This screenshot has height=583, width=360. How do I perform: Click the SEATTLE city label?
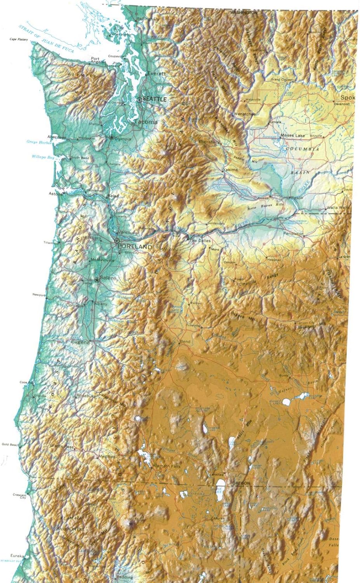154,99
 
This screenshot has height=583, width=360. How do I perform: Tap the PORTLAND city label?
134,247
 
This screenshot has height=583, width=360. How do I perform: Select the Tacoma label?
146,122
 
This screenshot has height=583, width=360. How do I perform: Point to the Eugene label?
80,342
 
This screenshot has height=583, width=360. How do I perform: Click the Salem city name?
108,278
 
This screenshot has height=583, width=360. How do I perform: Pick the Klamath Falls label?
167,466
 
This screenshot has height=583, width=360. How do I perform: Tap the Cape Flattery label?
19,40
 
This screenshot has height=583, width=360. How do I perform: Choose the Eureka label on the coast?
17,556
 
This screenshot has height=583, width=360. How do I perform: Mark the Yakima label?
230,170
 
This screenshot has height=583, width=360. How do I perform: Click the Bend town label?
185,342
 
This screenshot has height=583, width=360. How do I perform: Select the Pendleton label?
293,234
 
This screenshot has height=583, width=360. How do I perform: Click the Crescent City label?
19,496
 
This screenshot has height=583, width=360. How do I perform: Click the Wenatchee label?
245,114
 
